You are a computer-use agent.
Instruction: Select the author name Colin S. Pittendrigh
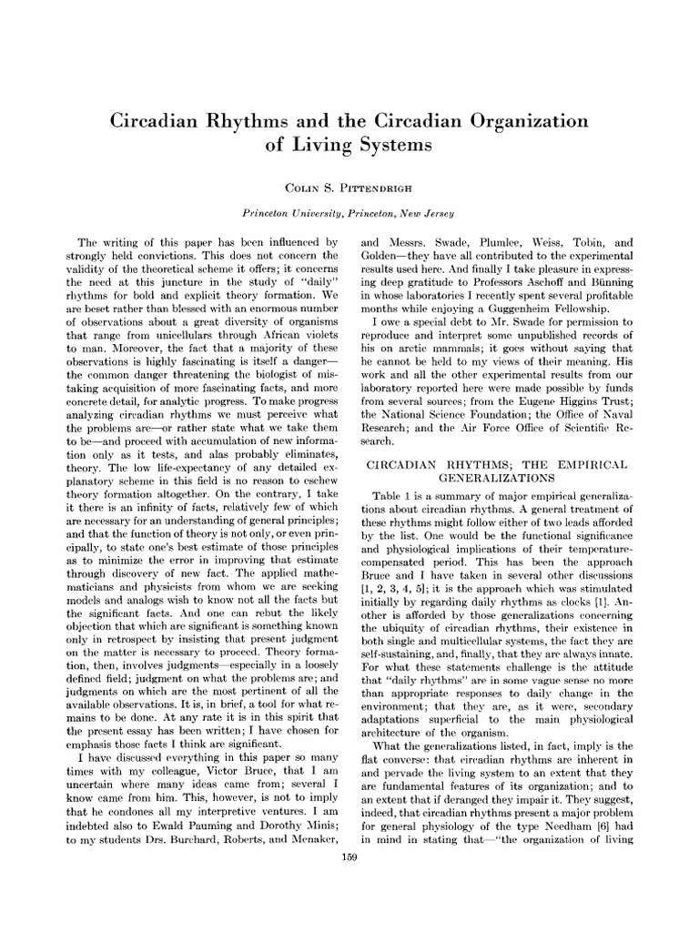[x=349, y=187]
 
